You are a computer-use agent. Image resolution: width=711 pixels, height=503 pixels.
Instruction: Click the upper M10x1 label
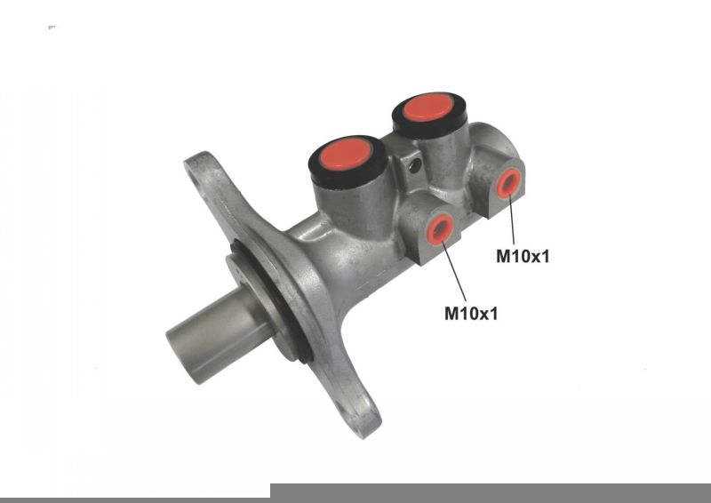(x=523, y=256)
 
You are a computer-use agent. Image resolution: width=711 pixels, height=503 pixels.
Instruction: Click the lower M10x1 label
(x=471, y=314)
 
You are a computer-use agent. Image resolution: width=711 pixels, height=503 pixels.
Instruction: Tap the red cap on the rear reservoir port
(x=428, y=108)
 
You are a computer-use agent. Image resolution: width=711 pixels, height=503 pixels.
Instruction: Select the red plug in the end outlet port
(x=508, y=183)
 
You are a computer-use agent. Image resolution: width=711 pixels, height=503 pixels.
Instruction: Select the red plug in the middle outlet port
(x=439, y=229)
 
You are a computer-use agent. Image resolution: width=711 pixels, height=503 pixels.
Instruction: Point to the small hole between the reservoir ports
(x=414, y=165)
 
